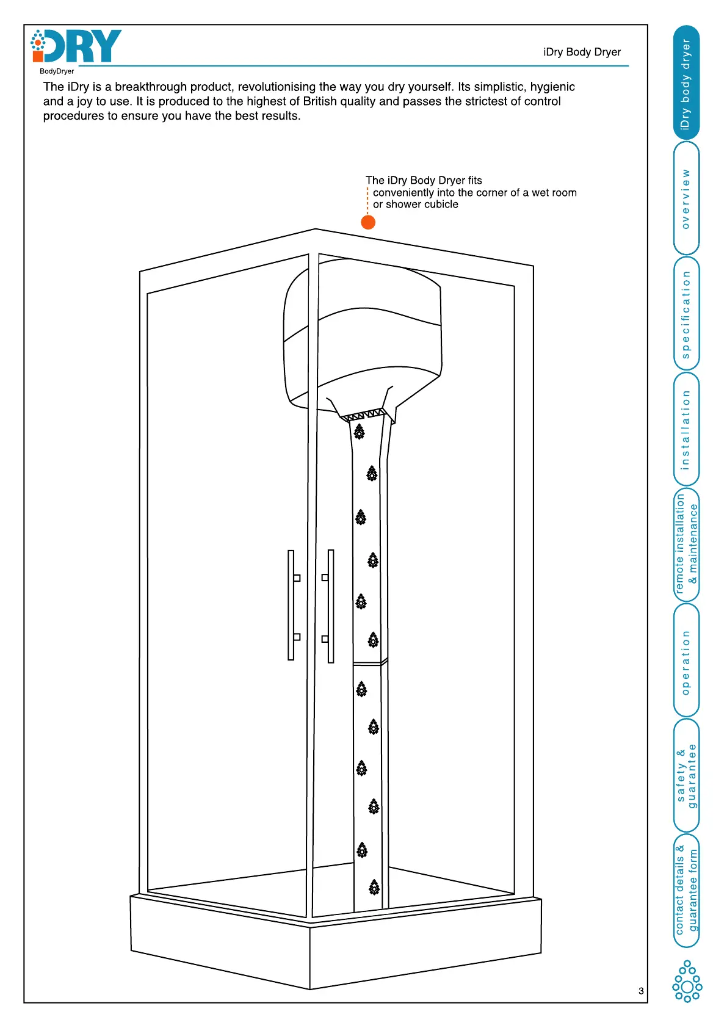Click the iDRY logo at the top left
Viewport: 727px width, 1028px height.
click(77, 46)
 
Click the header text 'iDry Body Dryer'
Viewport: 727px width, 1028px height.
click(582, 52)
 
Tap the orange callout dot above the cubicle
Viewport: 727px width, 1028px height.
click(368, 222)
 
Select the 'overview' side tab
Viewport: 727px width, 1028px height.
click(686, 198)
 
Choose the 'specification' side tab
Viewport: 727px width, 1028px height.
click(686, 314)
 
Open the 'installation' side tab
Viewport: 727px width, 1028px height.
click(686, 429)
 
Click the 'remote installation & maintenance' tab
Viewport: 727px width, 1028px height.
click(686, 544)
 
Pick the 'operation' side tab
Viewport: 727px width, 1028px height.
click(686, 661)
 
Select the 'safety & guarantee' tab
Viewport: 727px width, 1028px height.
click(686, 775)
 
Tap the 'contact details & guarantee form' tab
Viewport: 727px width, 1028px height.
click(686, 890)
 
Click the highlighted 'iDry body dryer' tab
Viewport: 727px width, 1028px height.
click(686, 83)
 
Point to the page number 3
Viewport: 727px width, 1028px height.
click(641, 991)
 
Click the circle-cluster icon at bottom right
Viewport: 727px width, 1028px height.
click(687, 981)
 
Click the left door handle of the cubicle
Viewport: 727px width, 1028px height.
click(291, 605)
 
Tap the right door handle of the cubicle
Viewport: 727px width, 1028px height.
click(330, 606)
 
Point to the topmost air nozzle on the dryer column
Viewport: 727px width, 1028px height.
click(360, 432)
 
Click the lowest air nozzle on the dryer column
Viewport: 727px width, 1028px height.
click(374, 887)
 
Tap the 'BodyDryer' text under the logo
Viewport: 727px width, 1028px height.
click(57, 71)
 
